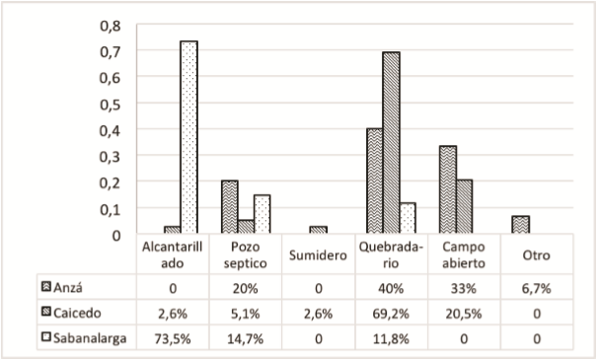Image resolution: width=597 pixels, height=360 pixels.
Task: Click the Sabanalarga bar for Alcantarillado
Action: [188, 137]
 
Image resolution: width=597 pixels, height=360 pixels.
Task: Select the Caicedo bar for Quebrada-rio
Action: [392, 143]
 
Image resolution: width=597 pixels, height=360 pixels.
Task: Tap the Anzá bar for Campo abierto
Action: [447, 189]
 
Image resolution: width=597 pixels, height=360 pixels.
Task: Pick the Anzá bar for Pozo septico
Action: [229, 207]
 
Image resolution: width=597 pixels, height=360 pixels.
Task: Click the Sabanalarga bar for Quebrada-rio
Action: [408, 218]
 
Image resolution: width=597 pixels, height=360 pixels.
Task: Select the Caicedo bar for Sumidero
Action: [318, 230]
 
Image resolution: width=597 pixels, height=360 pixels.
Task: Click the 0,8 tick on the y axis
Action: [111, 25]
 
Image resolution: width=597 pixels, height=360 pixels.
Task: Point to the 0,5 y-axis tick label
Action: [111, 104]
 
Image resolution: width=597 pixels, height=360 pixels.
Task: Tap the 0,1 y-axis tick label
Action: [111, 209]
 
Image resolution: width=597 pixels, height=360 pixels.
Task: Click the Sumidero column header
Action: [318, 255]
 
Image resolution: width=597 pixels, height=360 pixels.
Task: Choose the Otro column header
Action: [536, 255]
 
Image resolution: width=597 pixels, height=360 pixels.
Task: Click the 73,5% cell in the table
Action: [172, 338]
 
